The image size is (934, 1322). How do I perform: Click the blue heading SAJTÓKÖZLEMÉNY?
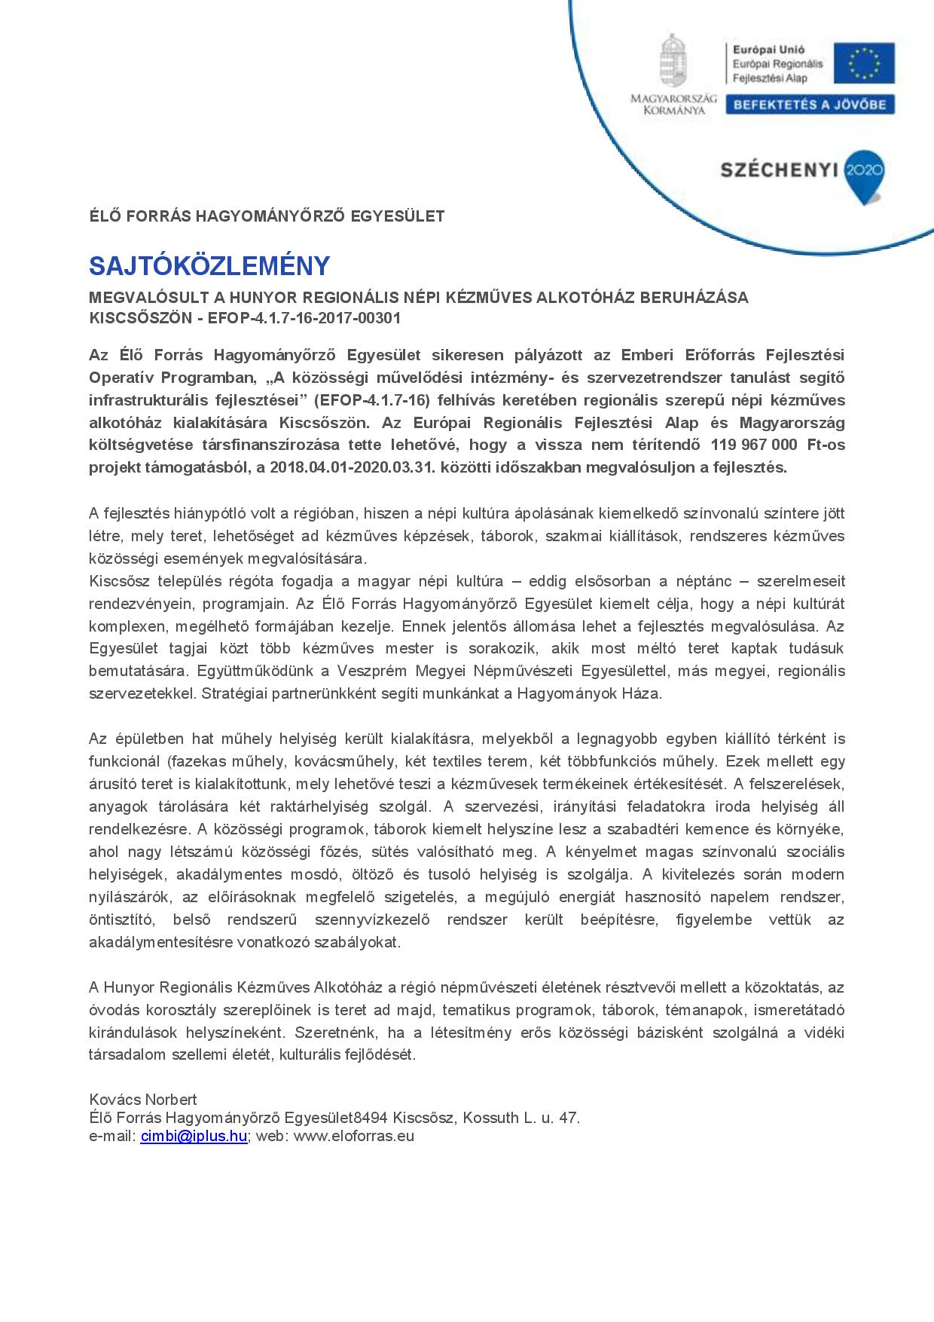click(209, 266)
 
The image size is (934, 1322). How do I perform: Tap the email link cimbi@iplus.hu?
click(194, 1137)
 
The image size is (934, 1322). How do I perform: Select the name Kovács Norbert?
click(143, 1100)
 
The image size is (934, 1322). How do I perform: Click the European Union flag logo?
click(869, 63)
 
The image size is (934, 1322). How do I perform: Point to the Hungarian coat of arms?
click(673, 60)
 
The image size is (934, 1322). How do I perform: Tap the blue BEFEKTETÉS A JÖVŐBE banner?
click(810, 105)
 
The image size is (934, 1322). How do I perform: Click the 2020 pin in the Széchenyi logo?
click(864, 171)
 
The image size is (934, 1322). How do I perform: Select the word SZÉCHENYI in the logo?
click(780, 170)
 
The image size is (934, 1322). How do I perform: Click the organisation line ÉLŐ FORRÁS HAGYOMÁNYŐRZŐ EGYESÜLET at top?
click(267, 216)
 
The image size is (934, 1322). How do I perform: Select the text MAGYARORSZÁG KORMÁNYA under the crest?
click(673, 105)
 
